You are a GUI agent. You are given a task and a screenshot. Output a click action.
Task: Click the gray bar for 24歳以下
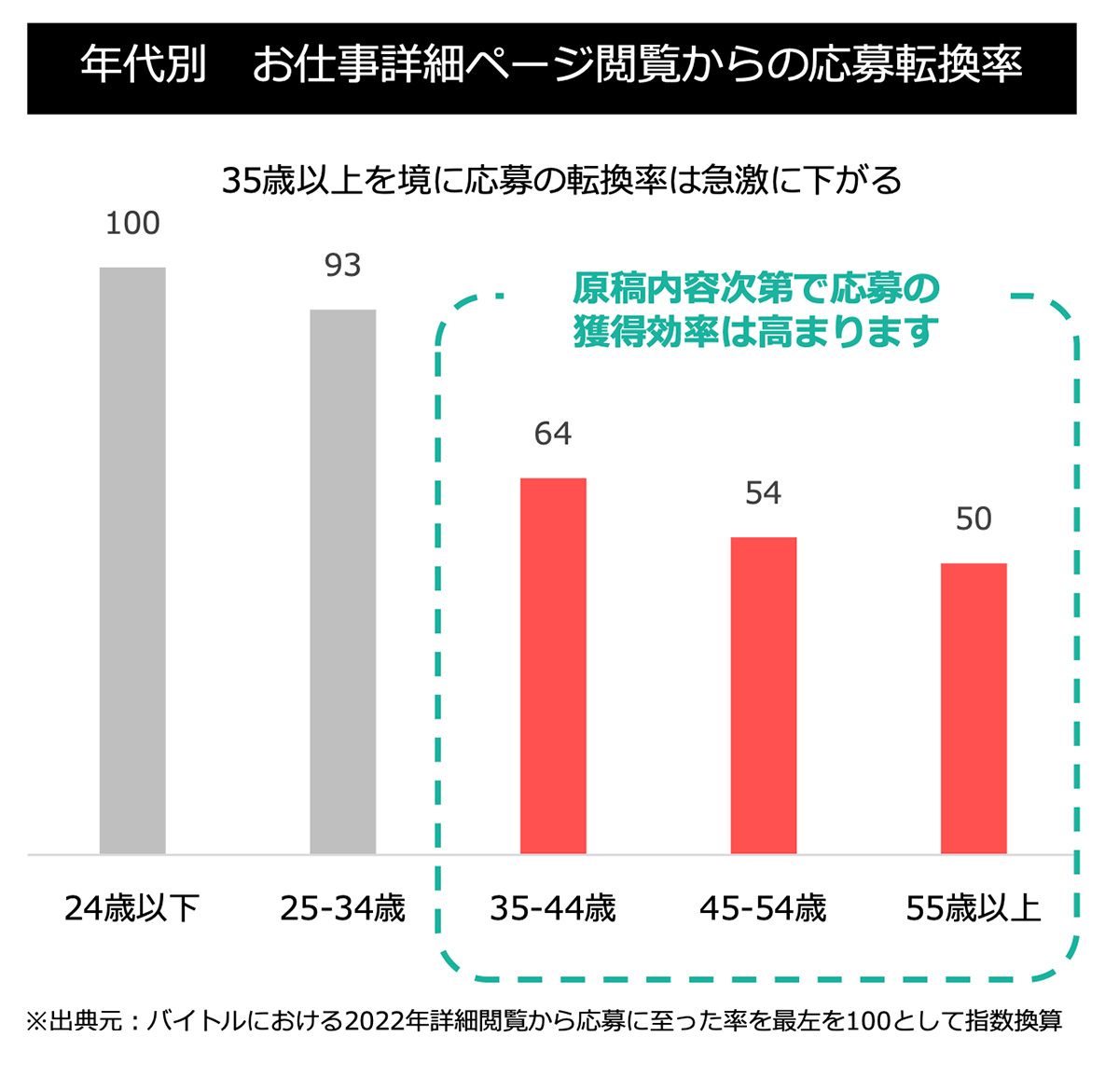pyautogui.click(x=132, y=560)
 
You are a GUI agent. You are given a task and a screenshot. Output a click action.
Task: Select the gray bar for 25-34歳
pyautogui.click(x=343, y=581)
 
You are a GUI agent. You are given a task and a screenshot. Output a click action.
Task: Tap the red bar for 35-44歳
pyautogui.click(x=553, y=665)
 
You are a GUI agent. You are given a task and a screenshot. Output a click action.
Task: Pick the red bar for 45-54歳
pyautogui.click(x=764, y=695)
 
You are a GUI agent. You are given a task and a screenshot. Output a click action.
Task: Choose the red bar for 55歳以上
pyautogui.click(x=974, y=708)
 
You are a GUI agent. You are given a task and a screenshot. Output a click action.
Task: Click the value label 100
pyautogui.click(x=132, y=224)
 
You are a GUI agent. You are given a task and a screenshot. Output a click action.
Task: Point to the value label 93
pyautogui.click(x=343, y=266)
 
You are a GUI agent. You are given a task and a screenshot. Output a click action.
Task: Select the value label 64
pyautogui.click(x=553, y=434)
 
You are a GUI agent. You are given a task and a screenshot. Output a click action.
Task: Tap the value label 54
pyautogui.click(x=764, y=493)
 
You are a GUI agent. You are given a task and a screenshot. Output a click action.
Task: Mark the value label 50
pyautogui.click(x=974, y=519)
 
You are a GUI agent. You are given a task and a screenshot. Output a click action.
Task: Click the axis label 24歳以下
pyautogui.click(x=132, y=907)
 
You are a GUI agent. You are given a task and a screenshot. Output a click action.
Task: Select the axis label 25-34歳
pyautogui.click(x=343, y=907)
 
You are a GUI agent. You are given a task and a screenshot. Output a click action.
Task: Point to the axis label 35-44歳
pyautogui.click(x=553, y=907)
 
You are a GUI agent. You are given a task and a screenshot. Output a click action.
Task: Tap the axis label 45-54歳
pyautogui.click(x=764, y=907)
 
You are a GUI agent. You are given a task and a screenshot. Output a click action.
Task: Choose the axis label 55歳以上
pyautogui.click(x=974, y=907)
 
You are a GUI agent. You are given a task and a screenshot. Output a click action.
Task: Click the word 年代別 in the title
pyautogui.click(x=143, y=65)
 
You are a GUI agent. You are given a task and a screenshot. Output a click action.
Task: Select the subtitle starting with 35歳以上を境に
pyautogui.click(x=561, y=180)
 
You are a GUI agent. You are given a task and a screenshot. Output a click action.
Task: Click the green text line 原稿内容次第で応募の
pyautogui.click(x=755, y=289)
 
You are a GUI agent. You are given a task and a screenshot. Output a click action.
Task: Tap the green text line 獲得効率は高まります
pyautogui.click(x=755, y=331)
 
